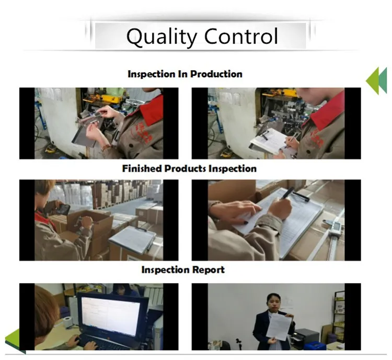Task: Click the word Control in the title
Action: [241, 37]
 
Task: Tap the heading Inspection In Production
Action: [185, 74]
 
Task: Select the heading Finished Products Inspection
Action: [189, 168]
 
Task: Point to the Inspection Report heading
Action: [183, 269]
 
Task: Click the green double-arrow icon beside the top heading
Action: [376, 81]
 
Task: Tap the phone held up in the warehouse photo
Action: [62, 208]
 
